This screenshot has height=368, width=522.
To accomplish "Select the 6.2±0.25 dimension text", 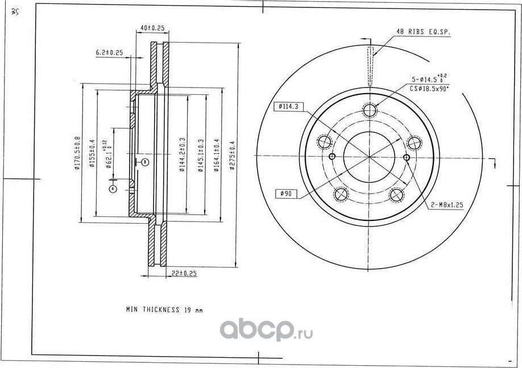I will [x=110, y=53].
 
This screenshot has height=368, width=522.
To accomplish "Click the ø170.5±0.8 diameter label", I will [x=77, y=154].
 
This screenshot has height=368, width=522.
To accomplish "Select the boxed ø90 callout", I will [x=286, y=194].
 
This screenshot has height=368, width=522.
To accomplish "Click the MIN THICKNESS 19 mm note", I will [x=164, y=310].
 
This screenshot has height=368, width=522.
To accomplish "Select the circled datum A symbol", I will [x=113, y=188].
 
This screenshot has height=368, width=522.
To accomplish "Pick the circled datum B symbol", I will [x=145, y=162].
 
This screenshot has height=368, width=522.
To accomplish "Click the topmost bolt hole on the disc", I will [x=370, y=110].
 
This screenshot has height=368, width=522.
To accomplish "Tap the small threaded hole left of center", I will [x=333, y=157].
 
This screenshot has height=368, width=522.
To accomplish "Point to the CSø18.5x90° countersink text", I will [x=429, y=89].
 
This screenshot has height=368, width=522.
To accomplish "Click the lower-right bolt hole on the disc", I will [x=396, y=194].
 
